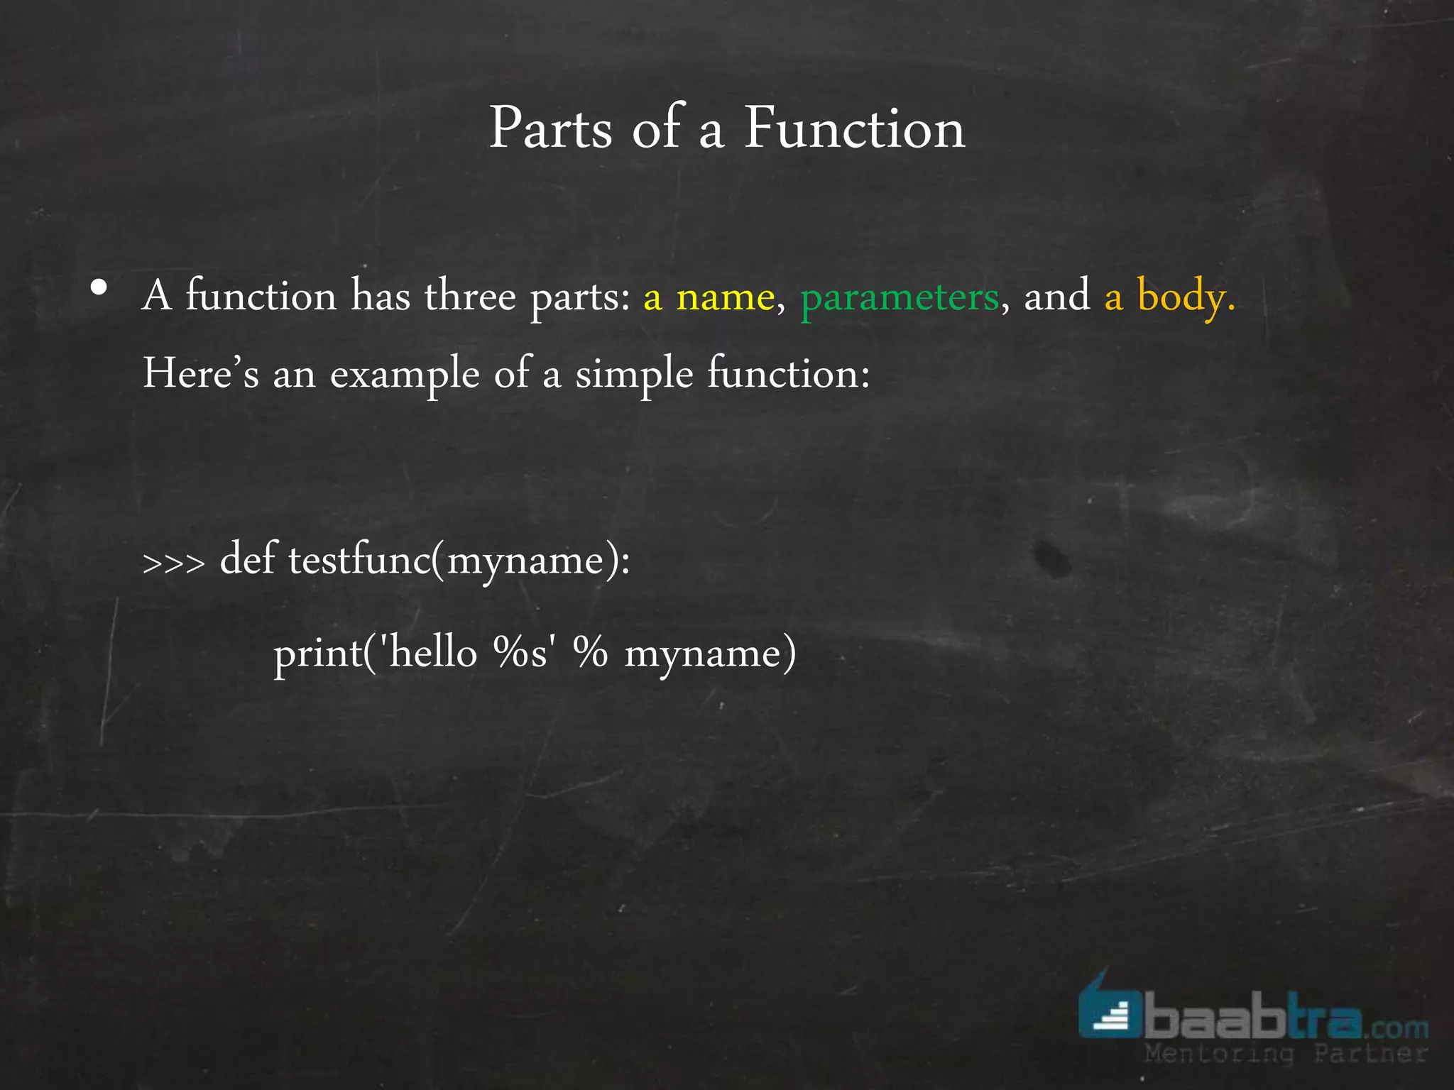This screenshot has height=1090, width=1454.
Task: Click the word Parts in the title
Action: pyautogui.click(x=550, y=128)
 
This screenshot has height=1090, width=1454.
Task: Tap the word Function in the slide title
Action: pyautogui.click(x=855, y=128)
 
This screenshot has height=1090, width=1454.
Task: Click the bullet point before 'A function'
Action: pyautogui.click(x=99, y=288)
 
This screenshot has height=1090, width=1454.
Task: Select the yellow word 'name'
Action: pyautogui.click(x=725, y=297)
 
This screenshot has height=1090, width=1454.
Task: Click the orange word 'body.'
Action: pyautogui.click(x=1186, y=297)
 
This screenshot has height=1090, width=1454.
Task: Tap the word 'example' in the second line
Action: pyautogui.click(x=405, y=374)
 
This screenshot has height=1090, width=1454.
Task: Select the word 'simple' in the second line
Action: pyautogui.click(x=633, y=374)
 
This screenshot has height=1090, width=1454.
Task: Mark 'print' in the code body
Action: pyautogui.click(x=317, y=654)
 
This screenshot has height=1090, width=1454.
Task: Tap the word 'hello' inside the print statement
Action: pyautogui.click(x=433, y=652)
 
